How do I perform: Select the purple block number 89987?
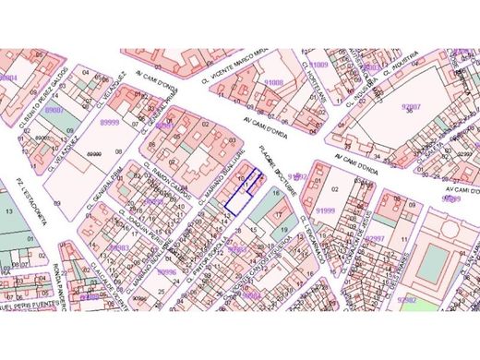click(54, 109)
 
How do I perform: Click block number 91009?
click(318, 66)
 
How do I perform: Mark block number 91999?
click(325, 210)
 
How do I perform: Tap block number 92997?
click(375, 238)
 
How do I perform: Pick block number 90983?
click(117, 247)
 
